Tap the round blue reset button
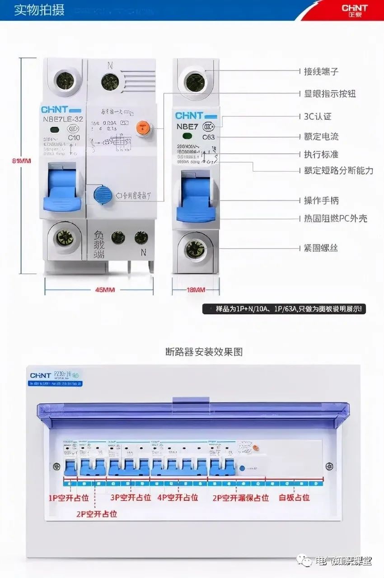(x=103, y=195)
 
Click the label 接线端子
(x=321, y=71)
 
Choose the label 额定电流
(x=321, y=136)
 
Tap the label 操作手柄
(x=321, y=200)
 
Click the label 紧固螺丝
(x=321, y=248)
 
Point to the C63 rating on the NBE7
(x=209, y=137)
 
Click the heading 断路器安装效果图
(x=204, y=351)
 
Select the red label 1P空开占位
(x=69, y=498)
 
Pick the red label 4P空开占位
(x=178, y=498)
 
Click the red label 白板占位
(x=294, y=498)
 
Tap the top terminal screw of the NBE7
(x=195, y=81)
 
